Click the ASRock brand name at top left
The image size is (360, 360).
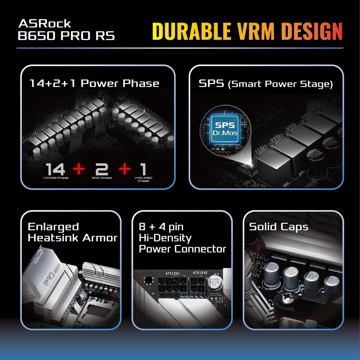click(x=45, y=24)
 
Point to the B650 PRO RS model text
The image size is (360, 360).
click(x=66, y=36)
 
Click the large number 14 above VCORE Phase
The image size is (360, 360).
click(x=56, y=169)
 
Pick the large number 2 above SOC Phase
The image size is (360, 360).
click(x=102, y=169)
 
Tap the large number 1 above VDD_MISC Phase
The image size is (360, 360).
click(x=143, y=169)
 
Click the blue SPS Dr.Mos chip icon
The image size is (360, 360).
click(x=225, y=129)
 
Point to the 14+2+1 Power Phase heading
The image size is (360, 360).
click(x=94, y=83)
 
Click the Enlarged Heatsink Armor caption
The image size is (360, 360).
click(x=72, y=232)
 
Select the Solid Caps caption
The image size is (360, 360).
click(x=278, y=227)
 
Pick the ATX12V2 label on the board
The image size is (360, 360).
click(x=200, y=273)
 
